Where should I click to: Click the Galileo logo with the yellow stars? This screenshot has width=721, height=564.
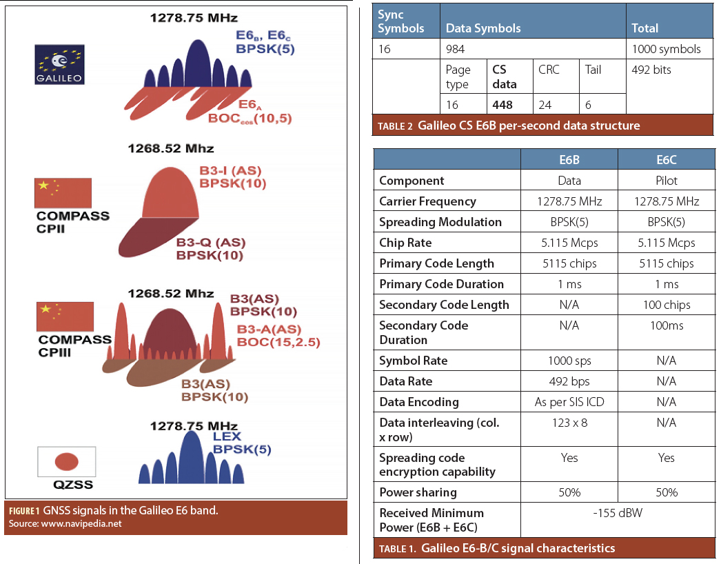pos(59,65)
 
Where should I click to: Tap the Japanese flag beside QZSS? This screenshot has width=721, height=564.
pos(65,461)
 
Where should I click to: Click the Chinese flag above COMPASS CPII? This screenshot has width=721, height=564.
pos(63,193)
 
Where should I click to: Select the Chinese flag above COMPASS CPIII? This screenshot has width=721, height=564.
pos(65,316)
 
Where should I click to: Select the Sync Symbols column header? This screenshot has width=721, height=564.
pos(400,21)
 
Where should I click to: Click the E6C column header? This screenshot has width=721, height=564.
pos(666,160)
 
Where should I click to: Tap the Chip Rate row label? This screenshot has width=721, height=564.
pos(406,243)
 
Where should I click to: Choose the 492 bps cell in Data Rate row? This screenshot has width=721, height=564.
pos(569,381)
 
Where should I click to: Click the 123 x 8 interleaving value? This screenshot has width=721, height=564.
pos(569,423)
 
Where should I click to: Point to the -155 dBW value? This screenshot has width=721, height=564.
pos(618,513)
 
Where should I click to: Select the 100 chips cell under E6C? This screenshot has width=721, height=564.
pos(666,305)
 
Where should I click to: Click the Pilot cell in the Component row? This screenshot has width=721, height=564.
pos(666,181)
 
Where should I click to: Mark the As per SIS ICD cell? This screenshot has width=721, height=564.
pos(569,402)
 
